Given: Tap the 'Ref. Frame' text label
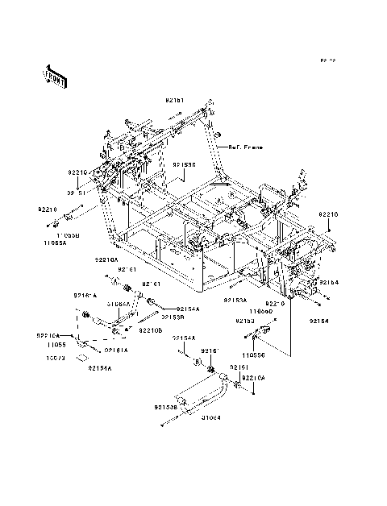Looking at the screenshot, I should pos(246,147).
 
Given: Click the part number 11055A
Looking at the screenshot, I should pos(56,240).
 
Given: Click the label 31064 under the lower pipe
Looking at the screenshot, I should pos(211,417).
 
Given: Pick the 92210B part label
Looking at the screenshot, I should pos(150,330).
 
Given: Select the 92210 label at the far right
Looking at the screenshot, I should pos(328,214).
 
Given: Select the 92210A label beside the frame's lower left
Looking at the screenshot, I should pos(106,260).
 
